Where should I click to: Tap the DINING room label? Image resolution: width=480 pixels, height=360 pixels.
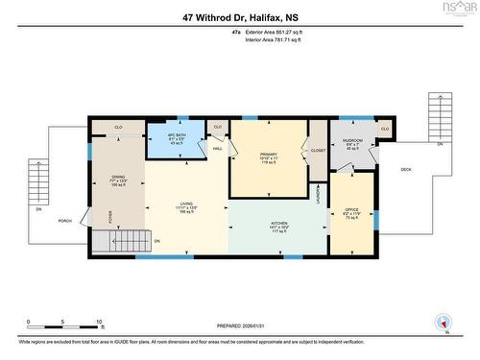coord(118,177)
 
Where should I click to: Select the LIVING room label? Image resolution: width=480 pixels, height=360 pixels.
coord(187,204)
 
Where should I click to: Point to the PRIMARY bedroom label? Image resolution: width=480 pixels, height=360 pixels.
coord(268,155)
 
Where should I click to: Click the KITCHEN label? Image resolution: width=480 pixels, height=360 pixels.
coord(278,225)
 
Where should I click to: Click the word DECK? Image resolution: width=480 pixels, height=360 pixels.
coord(405,169)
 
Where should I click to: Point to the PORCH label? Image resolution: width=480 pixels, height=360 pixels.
coord(65,219)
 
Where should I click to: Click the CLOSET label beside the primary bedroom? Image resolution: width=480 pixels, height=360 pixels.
coord(318,151)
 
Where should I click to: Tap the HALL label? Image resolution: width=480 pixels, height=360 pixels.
coord(218,149)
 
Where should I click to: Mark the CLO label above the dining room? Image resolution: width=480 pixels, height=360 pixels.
coord(118,127)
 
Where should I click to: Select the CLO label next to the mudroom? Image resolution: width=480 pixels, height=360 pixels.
coord(384,129)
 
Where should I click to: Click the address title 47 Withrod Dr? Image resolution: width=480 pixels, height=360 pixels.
coord(239,16)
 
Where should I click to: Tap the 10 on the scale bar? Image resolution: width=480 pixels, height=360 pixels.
coord(98,323)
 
